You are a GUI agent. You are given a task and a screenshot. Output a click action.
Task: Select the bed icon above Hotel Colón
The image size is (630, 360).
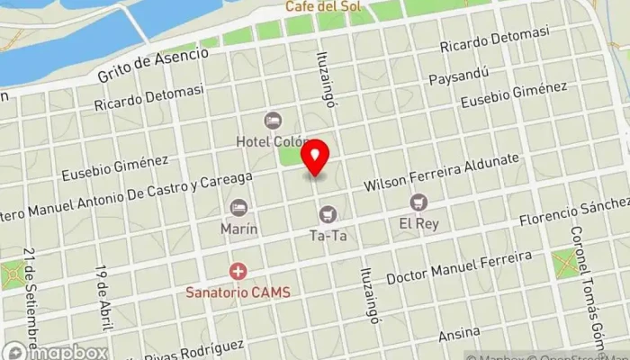point(273,120)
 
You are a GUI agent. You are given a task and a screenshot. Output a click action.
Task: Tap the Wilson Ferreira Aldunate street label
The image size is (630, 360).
point(441,173)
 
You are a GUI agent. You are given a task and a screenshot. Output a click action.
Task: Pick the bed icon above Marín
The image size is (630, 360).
point(238,208)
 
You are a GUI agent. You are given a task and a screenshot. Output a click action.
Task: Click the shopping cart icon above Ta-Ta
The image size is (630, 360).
point(327,214)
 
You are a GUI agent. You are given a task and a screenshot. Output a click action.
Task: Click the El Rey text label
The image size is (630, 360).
point(418,224)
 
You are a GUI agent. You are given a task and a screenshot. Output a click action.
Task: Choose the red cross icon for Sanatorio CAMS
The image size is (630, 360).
point(238,270)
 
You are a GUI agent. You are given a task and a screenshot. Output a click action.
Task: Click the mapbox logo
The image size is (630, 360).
point(54,351)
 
